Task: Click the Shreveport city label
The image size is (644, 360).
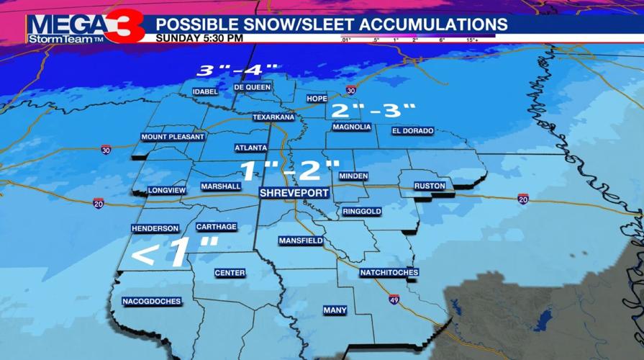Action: point(294,193)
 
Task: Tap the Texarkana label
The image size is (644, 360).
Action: point(273,117)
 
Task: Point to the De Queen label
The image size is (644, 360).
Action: point(253,87)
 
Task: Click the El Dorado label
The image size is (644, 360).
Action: point(413,131)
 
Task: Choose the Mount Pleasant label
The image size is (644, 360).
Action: point(173,137)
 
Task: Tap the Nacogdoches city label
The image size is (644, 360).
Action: point(152,302)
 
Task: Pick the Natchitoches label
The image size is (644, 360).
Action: point(389,273)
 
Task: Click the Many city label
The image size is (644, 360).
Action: point(335,310)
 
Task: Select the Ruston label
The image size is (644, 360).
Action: point(430,186)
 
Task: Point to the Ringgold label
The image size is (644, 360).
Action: point(362,212)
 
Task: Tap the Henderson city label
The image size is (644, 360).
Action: point(155,228)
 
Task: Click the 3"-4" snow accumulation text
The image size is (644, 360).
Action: point(238,71)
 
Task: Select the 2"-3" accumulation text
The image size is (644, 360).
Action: point(372,110)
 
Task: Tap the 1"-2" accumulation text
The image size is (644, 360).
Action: point(289,171)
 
